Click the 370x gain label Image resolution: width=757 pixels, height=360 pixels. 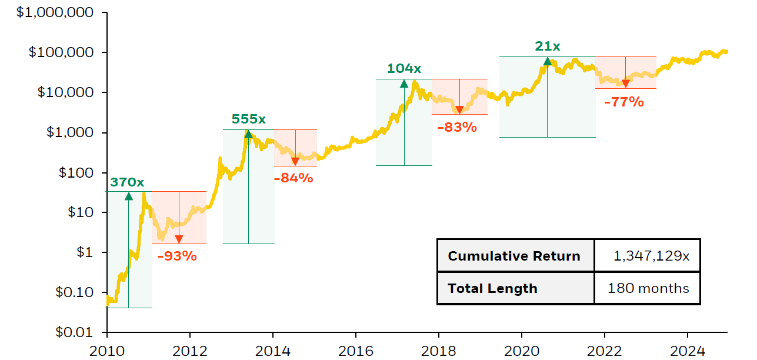coord(127,182)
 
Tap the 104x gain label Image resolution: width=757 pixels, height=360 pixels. coord(404,69)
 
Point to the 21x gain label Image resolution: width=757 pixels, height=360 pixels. coord(547,46)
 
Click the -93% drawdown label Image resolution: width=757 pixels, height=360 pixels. coord(177,256)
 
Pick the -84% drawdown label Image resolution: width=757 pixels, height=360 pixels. coord(294,177)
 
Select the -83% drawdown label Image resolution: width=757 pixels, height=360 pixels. coord(457,126)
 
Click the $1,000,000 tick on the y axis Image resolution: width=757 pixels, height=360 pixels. coord(55,12)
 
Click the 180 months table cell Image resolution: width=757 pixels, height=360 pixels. coord(648,288)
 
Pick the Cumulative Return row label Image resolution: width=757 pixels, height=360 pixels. coord(514,256)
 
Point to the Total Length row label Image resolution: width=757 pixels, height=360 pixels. coord(492,289)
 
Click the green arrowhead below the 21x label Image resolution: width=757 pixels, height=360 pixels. coord(548,61)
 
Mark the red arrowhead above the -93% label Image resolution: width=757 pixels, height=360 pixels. coord(179,239)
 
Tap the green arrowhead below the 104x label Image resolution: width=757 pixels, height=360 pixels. coord(404,83)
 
